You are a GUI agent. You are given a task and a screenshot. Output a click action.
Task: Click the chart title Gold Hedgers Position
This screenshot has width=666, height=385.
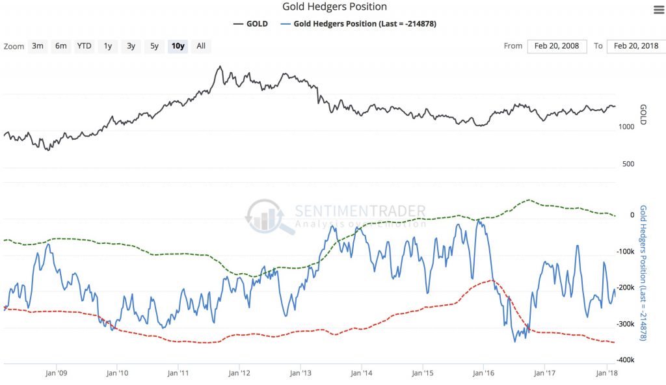[x=335, y=7]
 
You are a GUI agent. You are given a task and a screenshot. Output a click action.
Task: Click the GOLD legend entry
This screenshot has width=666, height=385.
[x=250, y=24]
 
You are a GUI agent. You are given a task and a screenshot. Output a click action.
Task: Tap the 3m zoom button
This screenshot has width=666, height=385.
[x=38, y=46]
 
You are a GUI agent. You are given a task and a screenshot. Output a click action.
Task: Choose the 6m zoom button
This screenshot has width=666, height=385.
[x=60, y=46]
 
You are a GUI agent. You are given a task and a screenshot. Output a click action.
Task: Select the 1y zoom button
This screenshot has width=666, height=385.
[x=108, y=46]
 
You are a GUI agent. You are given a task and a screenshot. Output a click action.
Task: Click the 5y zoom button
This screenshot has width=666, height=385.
[x=154, y=46]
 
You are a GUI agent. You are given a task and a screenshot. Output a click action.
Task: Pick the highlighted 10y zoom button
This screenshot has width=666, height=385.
[x=178, y=46]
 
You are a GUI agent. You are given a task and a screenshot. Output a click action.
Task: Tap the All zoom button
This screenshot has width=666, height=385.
[x=201, y=46]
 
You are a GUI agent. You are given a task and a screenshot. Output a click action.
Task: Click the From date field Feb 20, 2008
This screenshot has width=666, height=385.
[x=556, y=46]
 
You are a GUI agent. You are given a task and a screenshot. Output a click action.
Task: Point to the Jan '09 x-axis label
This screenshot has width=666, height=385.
[x=57, y=373]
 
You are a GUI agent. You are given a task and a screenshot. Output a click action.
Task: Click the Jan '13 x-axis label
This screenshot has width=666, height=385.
[x=300, y=373]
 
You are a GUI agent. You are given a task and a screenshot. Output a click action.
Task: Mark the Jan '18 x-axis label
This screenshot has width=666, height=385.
[x=606, y=373]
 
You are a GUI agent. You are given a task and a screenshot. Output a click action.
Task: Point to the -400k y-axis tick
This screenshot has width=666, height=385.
[x=626, y=360]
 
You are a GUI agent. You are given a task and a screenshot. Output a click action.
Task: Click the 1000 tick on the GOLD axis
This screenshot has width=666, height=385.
[x=627, y=127]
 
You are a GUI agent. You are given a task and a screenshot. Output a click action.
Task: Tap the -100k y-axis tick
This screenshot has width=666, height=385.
[x=626, y=252]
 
